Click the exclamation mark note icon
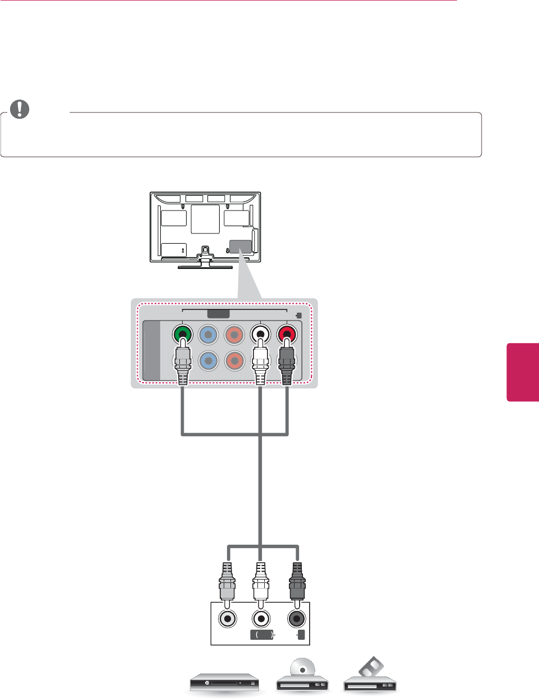(20, 109)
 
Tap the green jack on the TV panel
(182, 334)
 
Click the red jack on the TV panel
(287, 335)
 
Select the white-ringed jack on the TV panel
(260, 335)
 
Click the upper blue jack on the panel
(209, 335)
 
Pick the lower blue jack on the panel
(209, 361)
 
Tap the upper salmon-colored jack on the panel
(234, 335)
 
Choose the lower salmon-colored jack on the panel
(234, 361)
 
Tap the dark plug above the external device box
(297, 582)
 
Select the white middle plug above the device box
(260, 582)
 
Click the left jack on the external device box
(228, 618)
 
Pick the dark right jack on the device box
(297, 618)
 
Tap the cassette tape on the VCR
(372, 668)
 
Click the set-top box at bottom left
(224, 683)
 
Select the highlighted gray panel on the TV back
(241, 246)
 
